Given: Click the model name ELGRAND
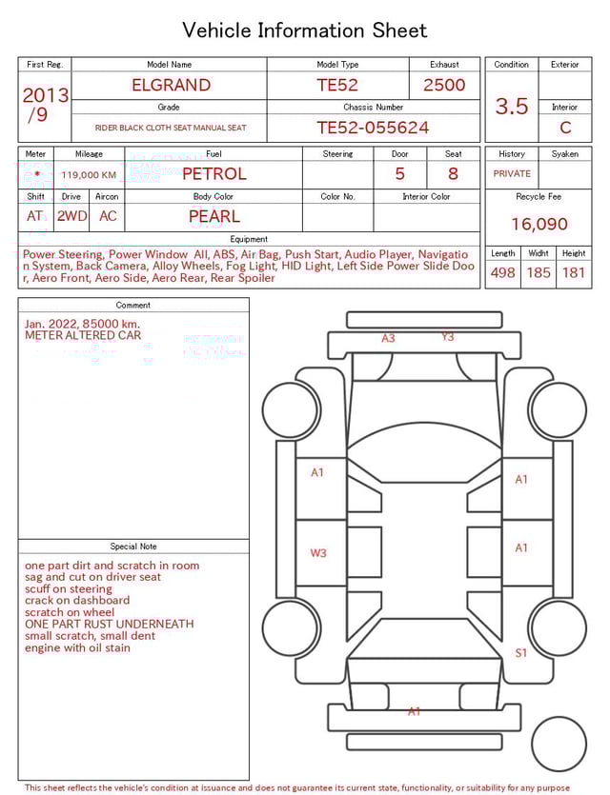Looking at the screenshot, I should pos(172,85).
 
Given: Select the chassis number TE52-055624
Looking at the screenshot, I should pos(373,128).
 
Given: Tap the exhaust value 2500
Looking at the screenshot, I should pos(444,85).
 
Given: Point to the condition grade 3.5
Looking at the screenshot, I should pos(512,107).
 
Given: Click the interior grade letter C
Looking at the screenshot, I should pos(565,128).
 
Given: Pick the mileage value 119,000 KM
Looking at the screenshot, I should pos(89,175).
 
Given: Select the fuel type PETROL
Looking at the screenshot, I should pos(213,174).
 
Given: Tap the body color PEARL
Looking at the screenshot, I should pos(213,216).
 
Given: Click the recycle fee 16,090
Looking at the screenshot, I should pos(539,225).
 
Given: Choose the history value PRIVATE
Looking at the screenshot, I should pos(512,174).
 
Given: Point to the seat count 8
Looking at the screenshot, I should pos(453,174).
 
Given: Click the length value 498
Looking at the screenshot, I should pos(502,273).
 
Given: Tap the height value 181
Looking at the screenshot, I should pos(574,273).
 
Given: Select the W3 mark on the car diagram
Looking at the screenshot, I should pos(318,553).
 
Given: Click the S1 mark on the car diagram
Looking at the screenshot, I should pos(521,653).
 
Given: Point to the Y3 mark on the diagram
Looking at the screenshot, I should pos(447,337).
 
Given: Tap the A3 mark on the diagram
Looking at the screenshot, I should pos(388,338).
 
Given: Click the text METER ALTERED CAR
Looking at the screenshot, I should pos(83,336).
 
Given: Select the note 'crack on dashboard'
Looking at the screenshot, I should pos(77,601).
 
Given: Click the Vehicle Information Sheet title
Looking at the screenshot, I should pos(305,30).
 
